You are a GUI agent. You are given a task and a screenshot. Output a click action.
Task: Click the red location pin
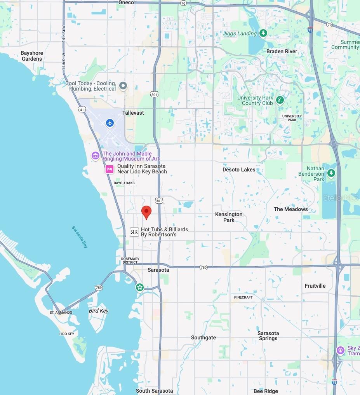pyautogui.click(x=146, y=212)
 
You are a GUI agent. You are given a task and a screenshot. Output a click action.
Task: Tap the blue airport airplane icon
pyautogui.click(x=110, y=123)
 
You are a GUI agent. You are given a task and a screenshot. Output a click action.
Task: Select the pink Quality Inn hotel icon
pyautogui.click(x=110, y=169)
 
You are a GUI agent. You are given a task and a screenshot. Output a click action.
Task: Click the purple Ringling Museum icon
pyautogui.click(x=96, y=156)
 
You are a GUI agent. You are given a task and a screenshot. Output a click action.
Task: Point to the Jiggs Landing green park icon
pyautogui.click(x=264, y=33)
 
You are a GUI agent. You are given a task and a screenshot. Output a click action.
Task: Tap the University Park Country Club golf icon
pyautogui.click(x=280, y=100)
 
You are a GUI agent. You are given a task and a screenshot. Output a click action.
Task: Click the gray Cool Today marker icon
pyautogui.click(x=123, y=86)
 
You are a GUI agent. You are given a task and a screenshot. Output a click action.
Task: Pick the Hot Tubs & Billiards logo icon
pyautogui.click(x=134, y=232)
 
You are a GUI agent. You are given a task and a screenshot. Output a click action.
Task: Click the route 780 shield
pyautogui.click(x=203, y=267)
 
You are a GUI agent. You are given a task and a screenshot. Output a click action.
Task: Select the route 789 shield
pyautogui.click(x=99, y=288)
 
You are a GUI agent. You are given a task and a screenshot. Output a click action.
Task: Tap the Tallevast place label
pyautogui.click(x=133, y=113)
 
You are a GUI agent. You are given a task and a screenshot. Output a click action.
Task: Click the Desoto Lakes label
pyautogui.click(x=239, y=170)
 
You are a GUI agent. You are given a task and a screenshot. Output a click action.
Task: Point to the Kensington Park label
pyautogui.click(x=229, y=217)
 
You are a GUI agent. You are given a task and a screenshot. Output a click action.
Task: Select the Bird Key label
pyautogui.click(x=99, y=311)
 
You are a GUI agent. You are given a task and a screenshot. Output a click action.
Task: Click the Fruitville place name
pyautogui.click(x=315, y=286)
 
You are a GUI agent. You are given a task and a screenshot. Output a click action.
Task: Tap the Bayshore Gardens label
pyautogui.click(x=32, y=56)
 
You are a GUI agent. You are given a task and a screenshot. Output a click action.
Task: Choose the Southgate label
pyautogui.click(x=203, y=337)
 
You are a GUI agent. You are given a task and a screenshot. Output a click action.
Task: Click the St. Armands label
pyautogui.click(x=61, y=312)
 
